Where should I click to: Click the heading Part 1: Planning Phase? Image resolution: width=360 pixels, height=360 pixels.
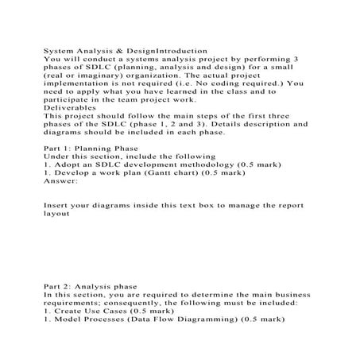point(90,148)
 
